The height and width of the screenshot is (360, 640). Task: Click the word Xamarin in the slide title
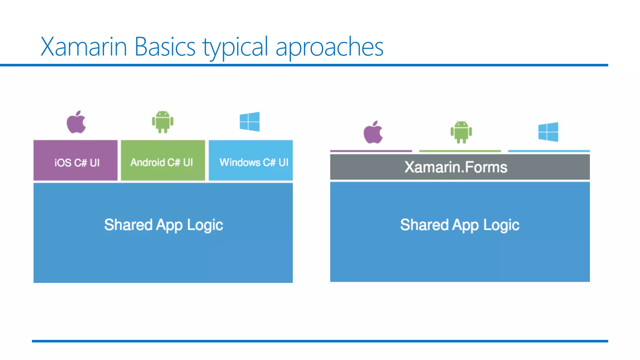coord(83,47)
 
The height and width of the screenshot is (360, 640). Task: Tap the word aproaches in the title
coord(329,47)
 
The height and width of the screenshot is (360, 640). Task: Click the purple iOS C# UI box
coord(76,160)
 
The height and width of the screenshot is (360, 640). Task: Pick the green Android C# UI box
coord(163,160)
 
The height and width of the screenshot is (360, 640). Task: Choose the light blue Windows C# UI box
coord(251,160)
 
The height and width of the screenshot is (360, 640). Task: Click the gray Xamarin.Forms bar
coord(460,167)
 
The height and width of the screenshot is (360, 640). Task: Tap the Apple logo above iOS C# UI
coord(76,122)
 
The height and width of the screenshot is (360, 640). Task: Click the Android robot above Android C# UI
coord(162,122)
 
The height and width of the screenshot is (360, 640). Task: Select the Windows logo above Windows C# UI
coord(249,122)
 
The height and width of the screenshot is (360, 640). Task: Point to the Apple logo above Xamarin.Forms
coord(373,132)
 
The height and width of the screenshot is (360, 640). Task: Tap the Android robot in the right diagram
coord(461,132)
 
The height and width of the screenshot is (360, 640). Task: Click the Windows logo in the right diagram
coord(548,132)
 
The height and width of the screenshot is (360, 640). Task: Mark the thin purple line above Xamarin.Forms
coord(371,151)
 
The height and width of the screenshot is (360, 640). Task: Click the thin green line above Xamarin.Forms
coord(460,151)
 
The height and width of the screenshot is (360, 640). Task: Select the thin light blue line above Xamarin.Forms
coord(549,151)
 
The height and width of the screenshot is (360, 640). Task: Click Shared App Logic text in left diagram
coord(163,225)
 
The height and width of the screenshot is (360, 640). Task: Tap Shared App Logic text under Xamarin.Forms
coord(460,225)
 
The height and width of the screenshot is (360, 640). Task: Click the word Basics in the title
coord(165,47)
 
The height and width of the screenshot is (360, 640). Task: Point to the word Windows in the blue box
coord(240,162)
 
